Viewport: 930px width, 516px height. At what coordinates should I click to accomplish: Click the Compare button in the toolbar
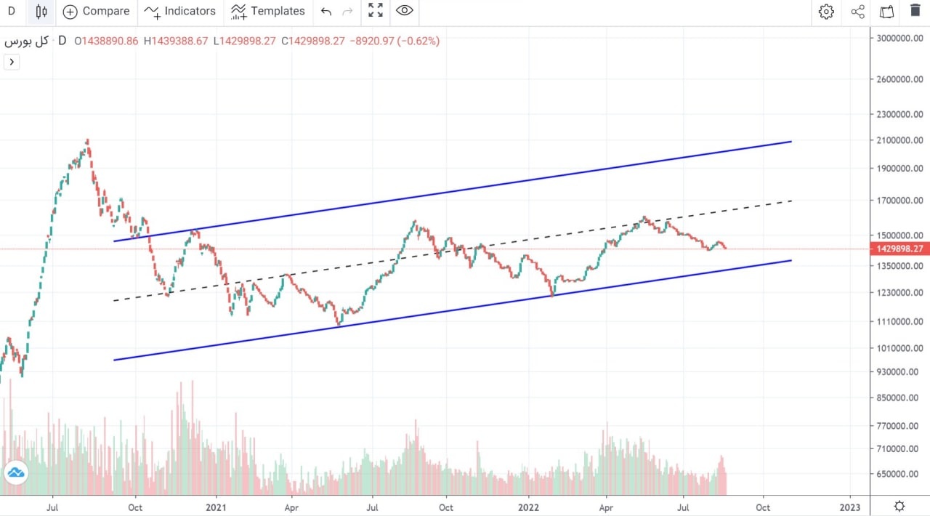[96, 11]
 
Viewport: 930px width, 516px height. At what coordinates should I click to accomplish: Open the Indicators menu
[180, 11]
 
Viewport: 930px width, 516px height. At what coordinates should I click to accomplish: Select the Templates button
[268, 11]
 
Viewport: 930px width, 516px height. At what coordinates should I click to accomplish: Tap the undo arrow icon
[326, 11]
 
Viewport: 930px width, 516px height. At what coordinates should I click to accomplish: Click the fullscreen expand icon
[375, 11]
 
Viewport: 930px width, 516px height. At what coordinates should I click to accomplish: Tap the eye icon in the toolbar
[405, 11]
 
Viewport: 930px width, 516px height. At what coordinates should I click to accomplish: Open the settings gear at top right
[826, 11]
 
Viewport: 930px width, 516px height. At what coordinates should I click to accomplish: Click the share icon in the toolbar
[857, 11]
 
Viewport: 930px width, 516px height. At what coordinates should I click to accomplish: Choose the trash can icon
[915, 11]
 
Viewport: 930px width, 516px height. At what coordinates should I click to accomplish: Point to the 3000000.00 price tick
[899, 38]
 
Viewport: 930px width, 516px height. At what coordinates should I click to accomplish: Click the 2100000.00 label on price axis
[899, 140]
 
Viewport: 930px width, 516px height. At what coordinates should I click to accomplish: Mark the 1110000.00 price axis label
[899, 321]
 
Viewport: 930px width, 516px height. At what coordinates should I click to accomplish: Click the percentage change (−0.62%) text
[418, 41]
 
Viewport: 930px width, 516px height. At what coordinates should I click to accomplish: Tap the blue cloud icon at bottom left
[15, 474]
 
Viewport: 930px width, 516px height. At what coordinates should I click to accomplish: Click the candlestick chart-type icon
[41, 11]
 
